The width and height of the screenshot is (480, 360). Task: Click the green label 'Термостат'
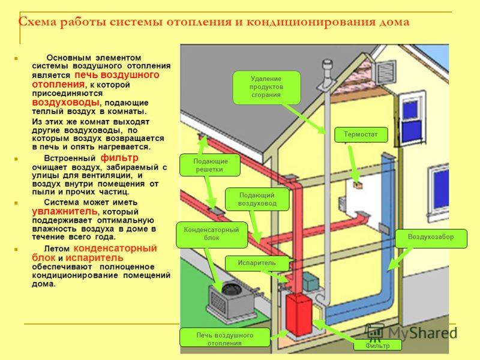point(361,134)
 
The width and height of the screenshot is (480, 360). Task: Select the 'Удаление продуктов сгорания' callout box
point(266,88)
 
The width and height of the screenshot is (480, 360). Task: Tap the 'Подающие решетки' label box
point(209,166)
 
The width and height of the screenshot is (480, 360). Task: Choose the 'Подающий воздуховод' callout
point(257,199)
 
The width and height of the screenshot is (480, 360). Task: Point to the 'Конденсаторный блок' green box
point(212,235)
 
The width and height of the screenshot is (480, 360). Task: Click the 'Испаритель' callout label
point(257,263)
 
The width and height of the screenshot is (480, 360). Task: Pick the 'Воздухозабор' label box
point(431,238)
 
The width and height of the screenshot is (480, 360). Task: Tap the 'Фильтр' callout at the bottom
point(377,346)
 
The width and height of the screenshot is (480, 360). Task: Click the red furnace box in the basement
point(299,314)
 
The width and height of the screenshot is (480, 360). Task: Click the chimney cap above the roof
point(327,66)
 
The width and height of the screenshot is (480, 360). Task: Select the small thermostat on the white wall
point(358,185)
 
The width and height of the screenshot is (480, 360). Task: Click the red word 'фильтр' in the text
point(119,158)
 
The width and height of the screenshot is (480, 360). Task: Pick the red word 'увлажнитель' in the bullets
point(65,212)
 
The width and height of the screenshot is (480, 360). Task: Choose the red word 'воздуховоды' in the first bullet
point(65,102)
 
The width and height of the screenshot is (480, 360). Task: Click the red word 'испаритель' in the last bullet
point(94,258)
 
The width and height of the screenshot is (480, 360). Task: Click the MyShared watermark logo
point(412,333)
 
